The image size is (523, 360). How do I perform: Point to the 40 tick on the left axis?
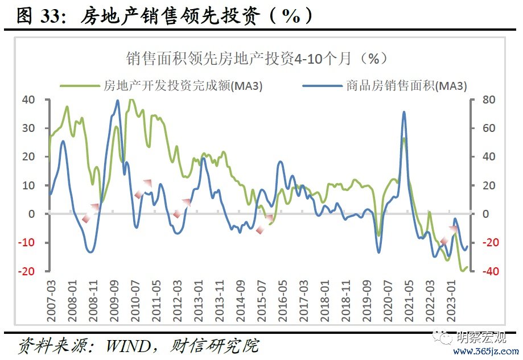coord(28,100)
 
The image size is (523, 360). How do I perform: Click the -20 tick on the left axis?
coord(26,271)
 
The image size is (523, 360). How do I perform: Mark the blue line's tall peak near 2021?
coord(404,112)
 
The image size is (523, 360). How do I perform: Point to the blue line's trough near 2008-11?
coord(90,252)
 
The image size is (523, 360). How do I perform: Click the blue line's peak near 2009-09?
coord(118,101)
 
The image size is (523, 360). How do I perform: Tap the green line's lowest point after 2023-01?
coord(463,271)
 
